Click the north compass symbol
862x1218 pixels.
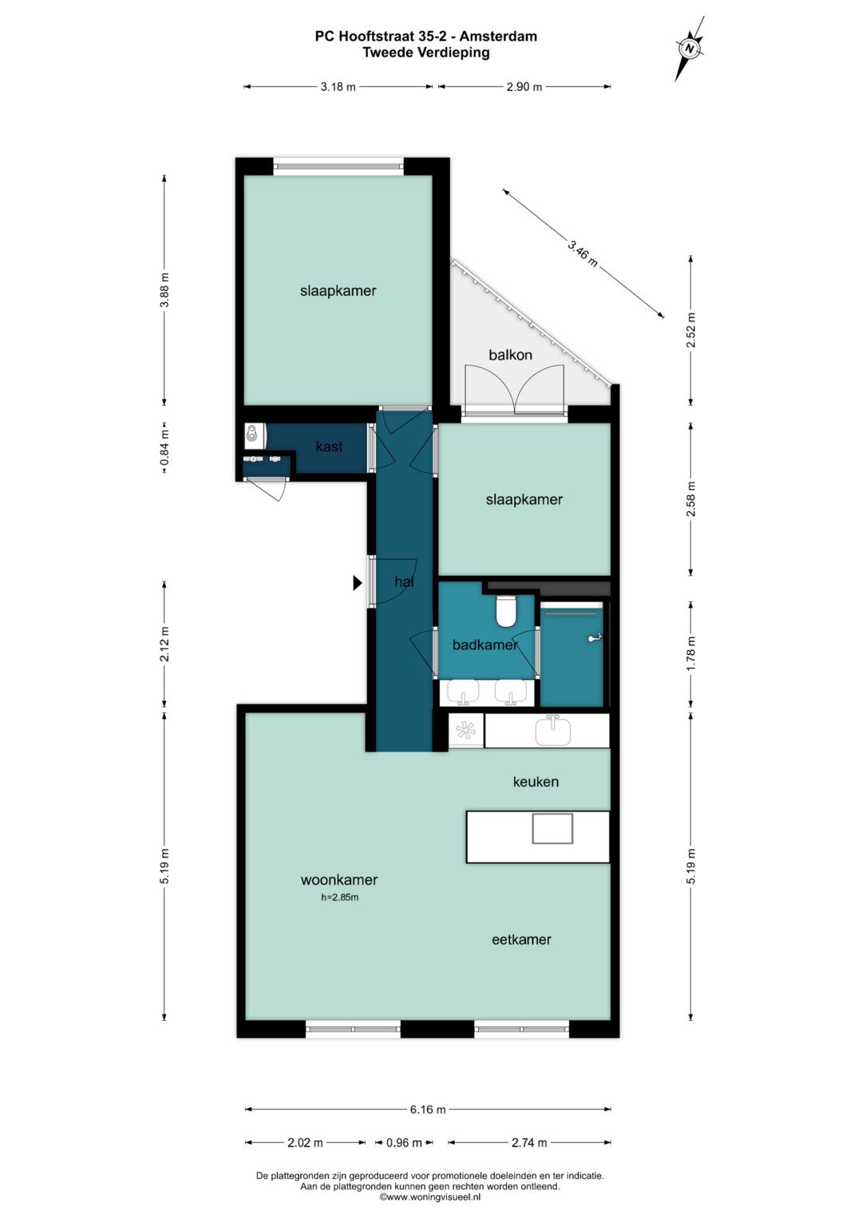pos(690,49)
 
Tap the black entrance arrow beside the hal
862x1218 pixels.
pos(357,583)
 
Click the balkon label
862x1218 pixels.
pos(510,355)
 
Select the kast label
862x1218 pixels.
pos(329,447)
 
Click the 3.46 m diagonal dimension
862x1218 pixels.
pos(583,253)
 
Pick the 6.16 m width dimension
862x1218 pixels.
pos(428,1110)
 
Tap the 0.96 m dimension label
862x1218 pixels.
pos(404,1142)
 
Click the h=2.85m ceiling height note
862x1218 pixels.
pos(339,897)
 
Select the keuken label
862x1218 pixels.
pos(536,782)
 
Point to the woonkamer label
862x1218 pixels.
pos(339,880)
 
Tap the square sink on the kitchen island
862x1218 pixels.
pos(552,829)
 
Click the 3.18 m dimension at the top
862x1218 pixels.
pos(338,86)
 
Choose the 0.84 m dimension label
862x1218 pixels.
pos(164,448)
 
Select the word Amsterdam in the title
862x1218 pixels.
pos(498,37)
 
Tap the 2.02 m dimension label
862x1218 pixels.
pos(305,1142)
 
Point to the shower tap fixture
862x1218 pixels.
pos(595,637)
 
